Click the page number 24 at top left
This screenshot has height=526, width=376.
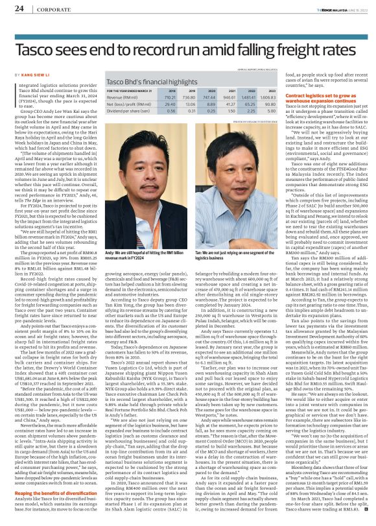coord(19,8)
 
